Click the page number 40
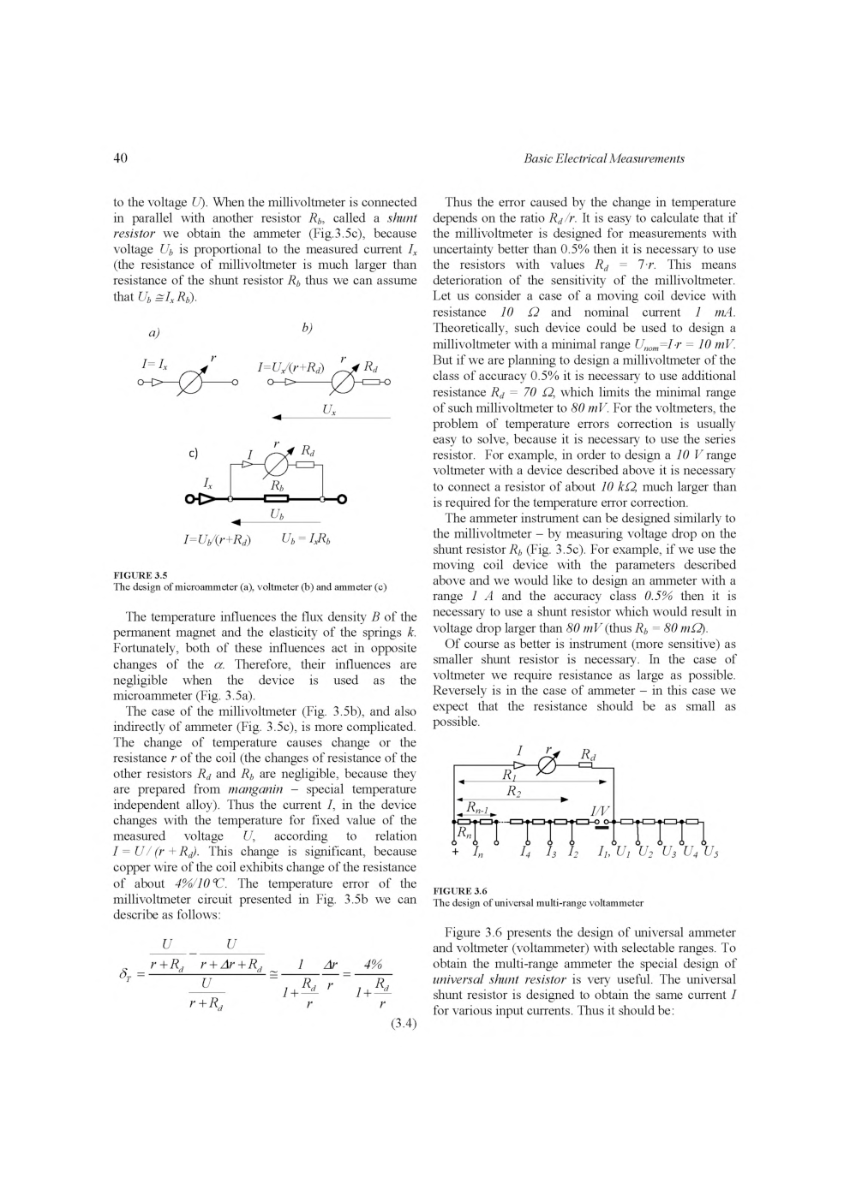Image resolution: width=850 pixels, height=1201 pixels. click(120, 158)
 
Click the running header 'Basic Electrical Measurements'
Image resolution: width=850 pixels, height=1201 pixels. click(603, 158)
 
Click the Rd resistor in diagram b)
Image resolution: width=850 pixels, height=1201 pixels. click(370, 383)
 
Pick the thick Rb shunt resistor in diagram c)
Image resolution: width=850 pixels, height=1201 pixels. click(276, 500)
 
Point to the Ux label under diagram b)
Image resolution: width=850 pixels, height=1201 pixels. click(328, 410)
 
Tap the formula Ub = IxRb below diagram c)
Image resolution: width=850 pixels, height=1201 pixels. click(306, 539)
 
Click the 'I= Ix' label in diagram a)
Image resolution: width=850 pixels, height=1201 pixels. click(154, 365)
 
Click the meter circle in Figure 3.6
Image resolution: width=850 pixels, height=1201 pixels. click(547, 765)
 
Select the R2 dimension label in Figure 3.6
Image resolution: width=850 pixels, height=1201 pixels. click(513, 792)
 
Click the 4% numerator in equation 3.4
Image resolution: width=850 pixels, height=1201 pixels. click(373, 963)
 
